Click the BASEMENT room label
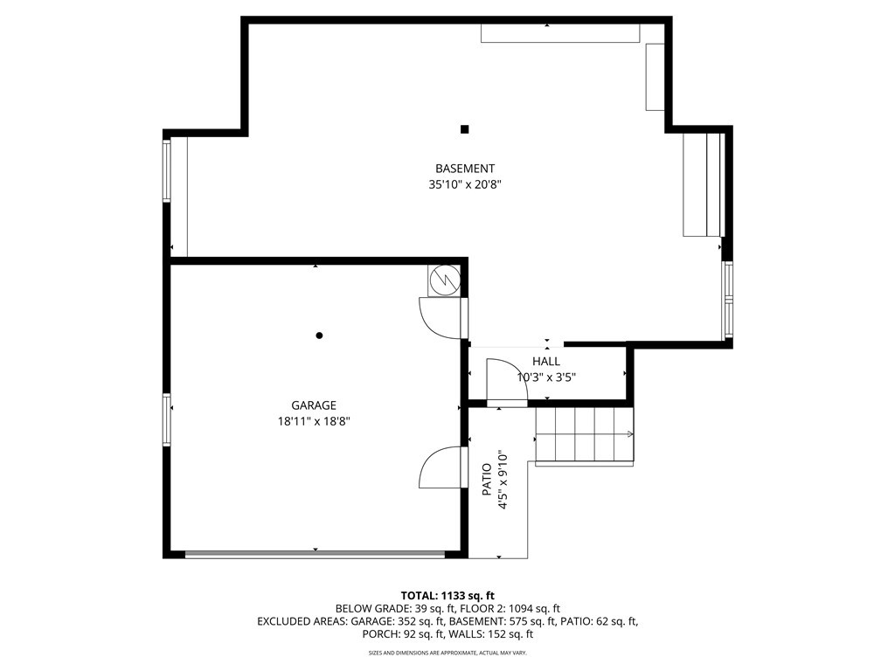coord(465,169)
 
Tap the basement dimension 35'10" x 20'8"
coord(465,185)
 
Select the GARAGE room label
coord(314,405)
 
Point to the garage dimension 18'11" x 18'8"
coord(314,422)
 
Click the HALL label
coord(546,361)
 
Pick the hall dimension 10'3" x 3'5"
coord(546,377)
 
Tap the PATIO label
coord(487,480)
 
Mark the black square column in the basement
coord(465,129)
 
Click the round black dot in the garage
coord(319,335)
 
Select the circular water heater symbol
coord(445,280)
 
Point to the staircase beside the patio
coord(585,435)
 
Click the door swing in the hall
coord(506,383)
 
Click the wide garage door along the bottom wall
coord(315,553)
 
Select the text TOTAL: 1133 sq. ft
coord(447,596)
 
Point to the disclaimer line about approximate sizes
coord(447,653)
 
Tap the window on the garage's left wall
coord(167,420)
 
